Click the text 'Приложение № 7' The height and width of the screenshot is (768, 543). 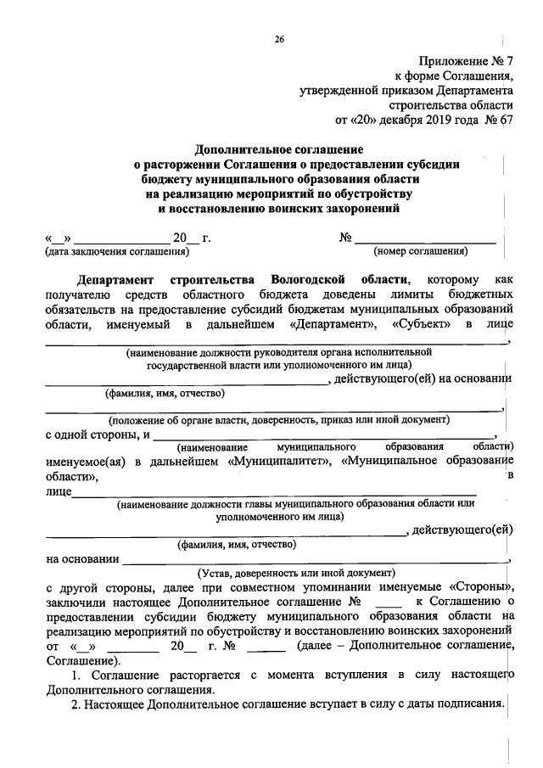[466, 61]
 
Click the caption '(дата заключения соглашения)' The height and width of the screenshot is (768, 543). [116, 251]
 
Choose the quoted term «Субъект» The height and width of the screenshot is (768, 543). [423, 325]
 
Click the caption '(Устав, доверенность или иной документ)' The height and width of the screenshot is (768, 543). [296, 572]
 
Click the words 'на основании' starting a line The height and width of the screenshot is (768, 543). [82, 559]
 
